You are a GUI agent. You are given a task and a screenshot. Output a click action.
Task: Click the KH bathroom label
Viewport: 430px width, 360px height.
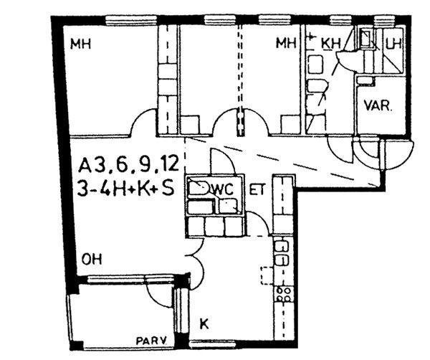[331, 44]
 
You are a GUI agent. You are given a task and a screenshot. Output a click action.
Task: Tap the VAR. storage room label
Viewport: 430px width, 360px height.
[378, 105]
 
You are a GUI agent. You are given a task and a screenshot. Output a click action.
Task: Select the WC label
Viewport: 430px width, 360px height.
[223, 189]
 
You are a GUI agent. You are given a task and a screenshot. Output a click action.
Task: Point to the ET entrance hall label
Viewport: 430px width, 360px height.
[257, 189]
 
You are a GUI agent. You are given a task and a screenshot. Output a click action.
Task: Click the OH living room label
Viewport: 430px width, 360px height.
[92, 259]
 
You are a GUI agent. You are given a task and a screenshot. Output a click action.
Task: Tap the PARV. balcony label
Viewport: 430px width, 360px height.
[152, 341]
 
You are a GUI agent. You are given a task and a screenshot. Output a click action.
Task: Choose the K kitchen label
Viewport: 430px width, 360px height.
[204, 323]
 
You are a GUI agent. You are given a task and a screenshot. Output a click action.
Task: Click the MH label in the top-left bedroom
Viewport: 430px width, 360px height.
[80, 44]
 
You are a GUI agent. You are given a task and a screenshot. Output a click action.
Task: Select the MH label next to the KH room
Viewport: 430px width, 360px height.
[286, 43]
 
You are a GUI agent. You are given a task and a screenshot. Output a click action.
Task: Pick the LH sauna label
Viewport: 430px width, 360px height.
[393, 44]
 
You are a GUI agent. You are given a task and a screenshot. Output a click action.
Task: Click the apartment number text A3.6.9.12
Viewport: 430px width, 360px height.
[128, 166]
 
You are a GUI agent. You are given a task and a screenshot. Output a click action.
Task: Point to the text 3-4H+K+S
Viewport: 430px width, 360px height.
[126, 188]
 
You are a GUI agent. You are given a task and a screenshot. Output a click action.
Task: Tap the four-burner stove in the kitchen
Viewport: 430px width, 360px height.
[284, 294]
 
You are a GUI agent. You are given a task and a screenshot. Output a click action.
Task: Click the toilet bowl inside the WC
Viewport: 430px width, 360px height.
[198, 188]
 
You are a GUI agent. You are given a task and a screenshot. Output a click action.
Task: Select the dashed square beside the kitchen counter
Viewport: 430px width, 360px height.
[267, 275]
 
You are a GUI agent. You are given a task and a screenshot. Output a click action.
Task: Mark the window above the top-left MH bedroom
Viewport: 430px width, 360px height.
[132, 20]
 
